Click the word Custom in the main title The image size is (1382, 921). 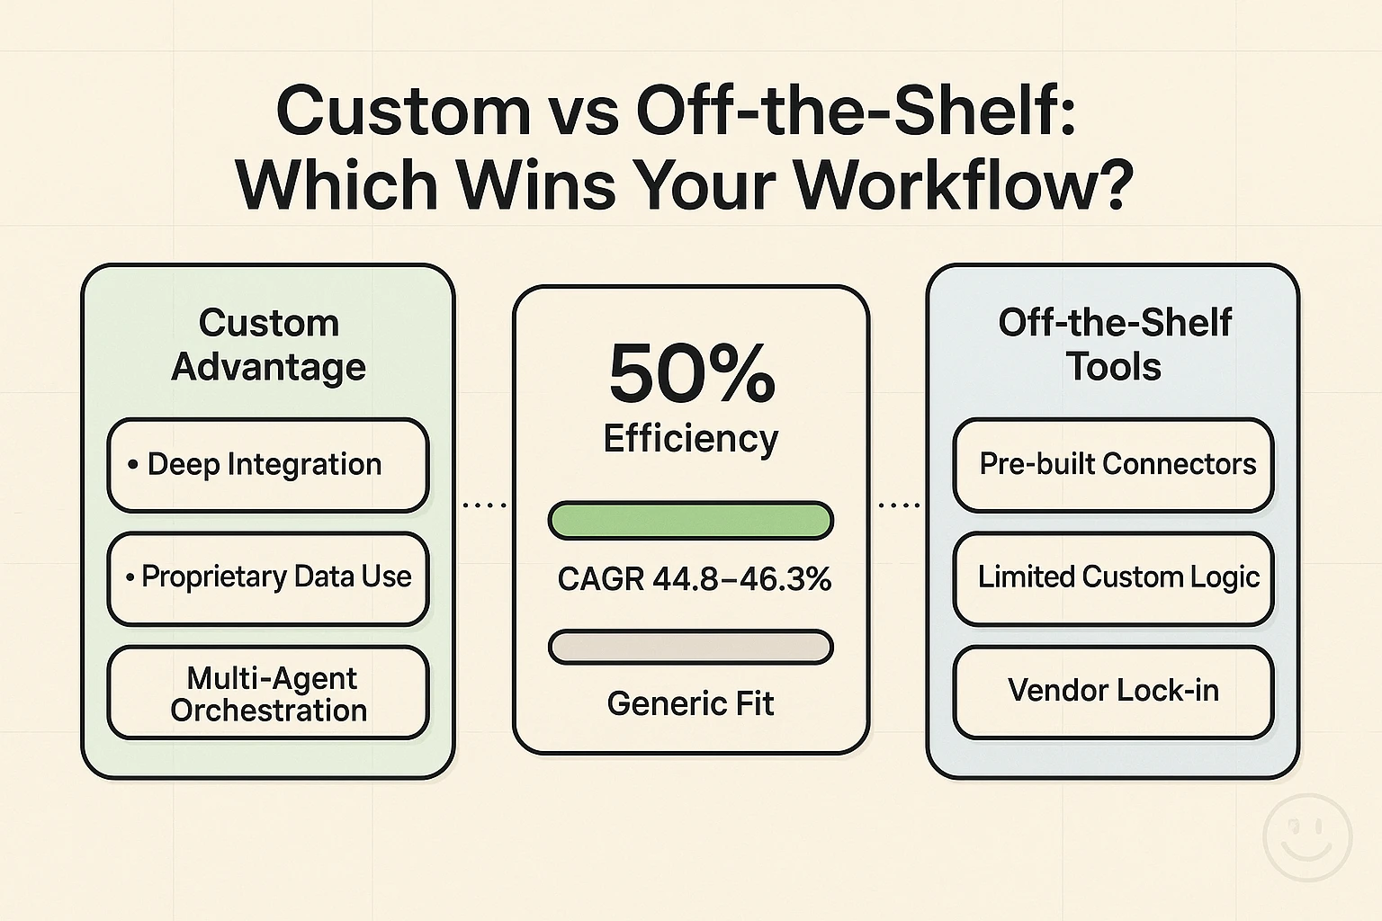[x=402, y=112]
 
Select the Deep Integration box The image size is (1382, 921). [x=267, y=465]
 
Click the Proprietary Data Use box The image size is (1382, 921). [x=267, y=577]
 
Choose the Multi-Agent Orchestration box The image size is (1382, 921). [x=267, y=693]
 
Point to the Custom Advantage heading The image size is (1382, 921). [x=268, y=344]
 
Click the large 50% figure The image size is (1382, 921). [x=691, y=373]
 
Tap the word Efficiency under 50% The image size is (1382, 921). [x=691, y=439]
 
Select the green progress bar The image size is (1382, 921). [x=691, y=521]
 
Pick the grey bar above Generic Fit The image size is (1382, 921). [x=691, y=647]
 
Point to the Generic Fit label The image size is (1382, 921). [x=690, y=703]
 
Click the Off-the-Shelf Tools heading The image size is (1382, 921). [x=1114, y=344]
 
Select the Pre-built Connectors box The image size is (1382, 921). [x=1114, y=465]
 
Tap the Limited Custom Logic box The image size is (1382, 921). [x=1114, y=577]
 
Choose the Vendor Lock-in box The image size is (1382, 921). [x=1114, y=691]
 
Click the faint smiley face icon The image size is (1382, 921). [x=1307, y=836]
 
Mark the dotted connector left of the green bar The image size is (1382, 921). [x=484, y=505]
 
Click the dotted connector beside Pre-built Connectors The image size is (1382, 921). [x=899, y=505]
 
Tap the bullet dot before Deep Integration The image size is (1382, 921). [x=132, y=465]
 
